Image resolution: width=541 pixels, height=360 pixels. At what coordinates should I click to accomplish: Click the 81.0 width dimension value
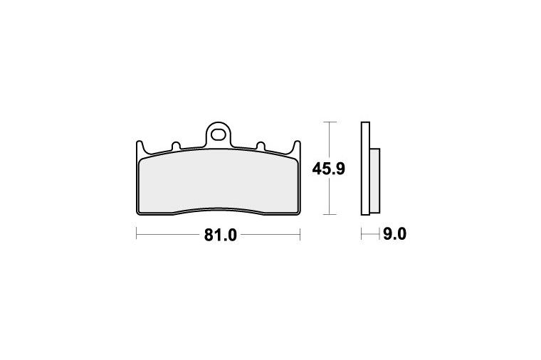220,235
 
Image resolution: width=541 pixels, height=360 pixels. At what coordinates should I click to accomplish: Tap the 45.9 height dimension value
328,169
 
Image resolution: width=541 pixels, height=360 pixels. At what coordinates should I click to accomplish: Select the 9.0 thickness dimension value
394,234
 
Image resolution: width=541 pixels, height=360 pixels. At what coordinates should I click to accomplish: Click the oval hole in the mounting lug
218,134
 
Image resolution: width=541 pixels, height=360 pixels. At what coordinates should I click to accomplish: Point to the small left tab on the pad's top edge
176,146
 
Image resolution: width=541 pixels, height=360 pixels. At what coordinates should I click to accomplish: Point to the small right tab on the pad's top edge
261,146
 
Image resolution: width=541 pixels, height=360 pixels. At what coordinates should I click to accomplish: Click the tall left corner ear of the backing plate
140,147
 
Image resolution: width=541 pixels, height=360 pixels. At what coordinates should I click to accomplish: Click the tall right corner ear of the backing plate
297,147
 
